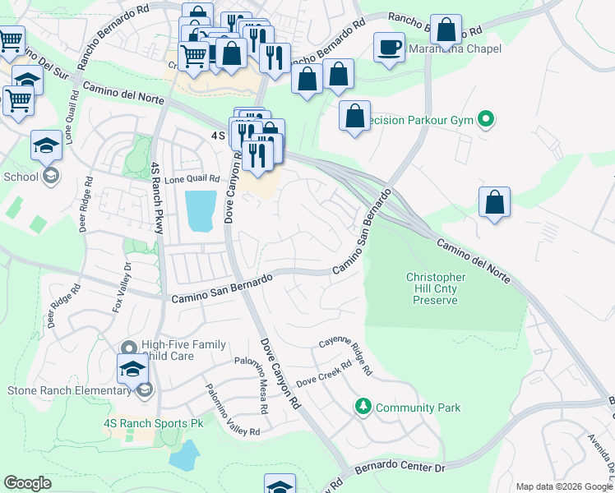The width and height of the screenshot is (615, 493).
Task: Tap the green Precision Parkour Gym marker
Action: click(x=485, y=121)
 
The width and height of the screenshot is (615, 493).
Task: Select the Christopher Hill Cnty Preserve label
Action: click(x=436, y=289)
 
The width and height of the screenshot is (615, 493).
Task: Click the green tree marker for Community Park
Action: click(x=363, y=407)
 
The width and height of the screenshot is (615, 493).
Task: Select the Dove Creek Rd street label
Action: click(x=323, y=376)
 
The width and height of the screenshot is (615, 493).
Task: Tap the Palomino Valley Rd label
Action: click(x=233, y=411)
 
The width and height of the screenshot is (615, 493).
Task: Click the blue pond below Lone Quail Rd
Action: click(x=201, y=211)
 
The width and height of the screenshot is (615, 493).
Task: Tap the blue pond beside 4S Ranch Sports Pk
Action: click(x=187, y=454)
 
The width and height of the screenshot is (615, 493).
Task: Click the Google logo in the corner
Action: click(x=28, y=482)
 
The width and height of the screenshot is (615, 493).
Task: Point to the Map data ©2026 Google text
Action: click(x=564, y=486)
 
